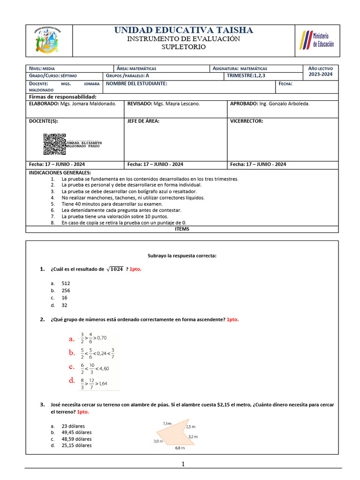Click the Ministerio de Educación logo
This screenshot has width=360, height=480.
coord(317,41)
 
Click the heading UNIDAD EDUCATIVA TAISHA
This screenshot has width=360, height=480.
coord(184,30)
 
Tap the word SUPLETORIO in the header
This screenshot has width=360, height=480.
coord(183,47)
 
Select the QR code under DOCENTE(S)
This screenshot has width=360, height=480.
coord(54,144)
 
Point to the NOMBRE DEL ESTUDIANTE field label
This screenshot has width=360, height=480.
coord(136,83)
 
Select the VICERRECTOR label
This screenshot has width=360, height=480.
coord(247,121)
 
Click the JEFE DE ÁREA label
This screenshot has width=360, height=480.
coord(143,121)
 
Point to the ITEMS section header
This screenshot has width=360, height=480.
coord(181,229)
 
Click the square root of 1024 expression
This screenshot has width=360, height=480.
coord(115,269)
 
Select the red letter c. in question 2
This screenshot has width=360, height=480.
coord(72,367)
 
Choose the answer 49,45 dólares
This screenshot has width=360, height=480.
coord(76,432)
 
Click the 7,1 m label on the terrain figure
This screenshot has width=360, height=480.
coord(167,423)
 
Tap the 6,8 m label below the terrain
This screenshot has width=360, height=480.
coord(180,448)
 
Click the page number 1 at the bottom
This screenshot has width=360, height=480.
coord(183,464)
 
